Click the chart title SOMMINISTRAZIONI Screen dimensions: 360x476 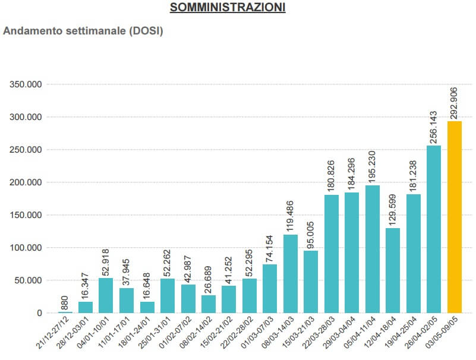[x=228, y=8]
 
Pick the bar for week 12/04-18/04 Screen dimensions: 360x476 [x=393, y=270]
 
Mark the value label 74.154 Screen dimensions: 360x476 [x=270, y=245]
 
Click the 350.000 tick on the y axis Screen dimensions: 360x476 [x=26, y=84]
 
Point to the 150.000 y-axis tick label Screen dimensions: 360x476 [x=26, y=215]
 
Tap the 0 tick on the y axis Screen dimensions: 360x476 [x=40, y=313]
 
